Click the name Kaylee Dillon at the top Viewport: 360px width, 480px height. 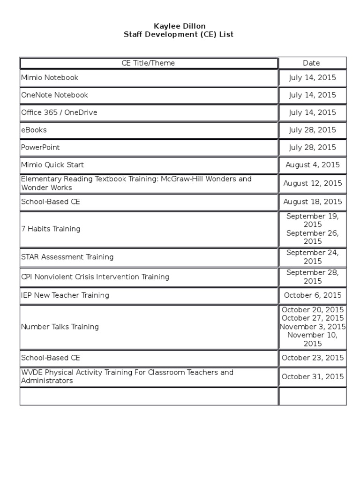(180, 26)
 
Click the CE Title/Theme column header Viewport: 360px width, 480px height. (148, 63)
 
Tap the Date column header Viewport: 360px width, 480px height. (312, 63)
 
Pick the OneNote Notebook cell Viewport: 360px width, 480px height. (54, 95)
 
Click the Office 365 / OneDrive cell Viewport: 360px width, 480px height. (59, 112)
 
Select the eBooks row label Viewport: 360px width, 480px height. (34, 130)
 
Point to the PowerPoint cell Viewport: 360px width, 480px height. (40, 147)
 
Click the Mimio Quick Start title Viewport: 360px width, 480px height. (52, 165)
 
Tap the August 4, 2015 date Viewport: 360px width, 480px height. (313, 165)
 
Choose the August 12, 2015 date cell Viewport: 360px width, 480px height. (313, 183)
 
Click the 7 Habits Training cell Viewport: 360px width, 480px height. (51, 229)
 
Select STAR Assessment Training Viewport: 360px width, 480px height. (67, 257)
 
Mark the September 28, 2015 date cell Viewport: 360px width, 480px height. (313, 277)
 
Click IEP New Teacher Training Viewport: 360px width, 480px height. (65, 295)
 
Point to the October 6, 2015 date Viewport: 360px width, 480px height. (313, 295)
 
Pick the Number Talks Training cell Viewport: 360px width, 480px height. (60, 327)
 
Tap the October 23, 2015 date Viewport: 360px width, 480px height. (313, 358)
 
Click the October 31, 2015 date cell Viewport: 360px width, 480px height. (313, 376)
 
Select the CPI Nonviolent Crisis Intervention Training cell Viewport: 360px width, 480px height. (95, 277)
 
